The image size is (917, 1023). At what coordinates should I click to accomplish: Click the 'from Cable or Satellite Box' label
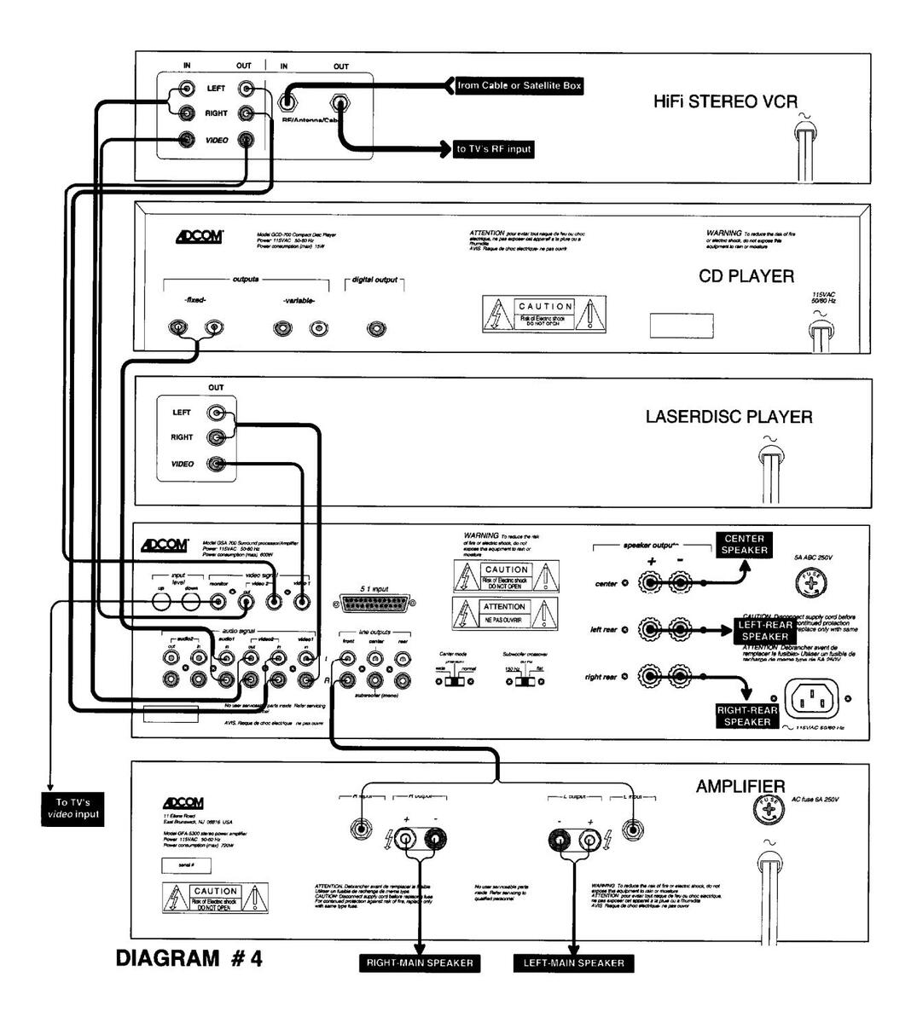tap(519, 86)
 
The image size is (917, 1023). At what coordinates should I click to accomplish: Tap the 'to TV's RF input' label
tap(494, 149)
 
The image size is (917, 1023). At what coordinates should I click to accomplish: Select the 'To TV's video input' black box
tap(73, 808)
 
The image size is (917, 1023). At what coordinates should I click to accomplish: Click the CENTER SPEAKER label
tap(745, 545)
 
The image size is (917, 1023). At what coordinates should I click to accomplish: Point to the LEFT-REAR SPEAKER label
tap(764, 631)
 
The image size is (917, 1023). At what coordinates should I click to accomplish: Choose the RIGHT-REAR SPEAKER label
tap(747, 716)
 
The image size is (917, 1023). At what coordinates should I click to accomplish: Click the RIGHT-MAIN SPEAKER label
tap(420, 963)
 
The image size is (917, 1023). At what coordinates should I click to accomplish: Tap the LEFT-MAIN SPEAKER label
tap(573, 963)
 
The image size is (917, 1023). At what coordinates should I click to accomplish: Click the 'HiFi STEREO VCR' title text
tap(725, 102)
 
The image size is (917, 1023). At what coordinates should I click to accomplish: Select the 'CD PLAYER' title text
tap(746, 276)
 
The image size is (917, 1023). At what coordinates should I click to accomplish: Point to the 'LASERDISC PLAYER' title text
tap(728, 417)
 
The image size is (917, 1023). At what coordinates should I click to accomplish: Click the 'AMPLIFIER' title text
tap(740, 786)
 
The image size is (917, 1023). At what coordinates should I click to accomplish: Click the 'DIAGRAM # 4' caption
tap(189, 958)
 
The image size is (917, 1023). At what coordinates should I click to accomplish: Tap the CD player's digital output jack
tap(374, 329)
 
